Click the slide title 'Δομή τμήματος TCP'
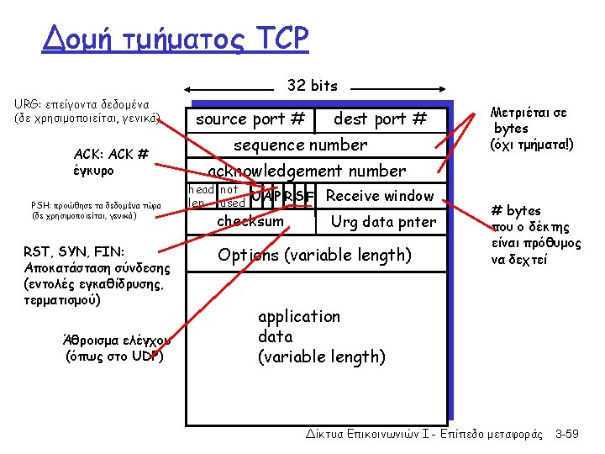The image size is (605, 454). [176, 39]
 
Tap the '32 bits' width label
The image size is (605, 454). [312, 85]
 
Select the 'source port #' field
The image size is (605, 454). [250, 119]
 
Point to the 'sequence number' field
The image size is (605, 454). [300, 145]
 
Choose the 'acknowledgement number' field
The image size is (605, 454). [307, 171]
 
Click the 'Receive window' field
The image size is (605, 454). [381, 197]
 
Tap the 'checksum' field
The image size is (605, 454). [250, 221]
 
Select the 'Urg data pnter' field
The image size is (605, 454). [383, 222]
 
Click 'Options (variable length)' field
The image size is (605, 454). [314, 255]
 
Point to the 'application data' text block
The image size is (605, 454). [321, 336]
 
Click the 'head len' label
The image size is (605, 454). [200, 197]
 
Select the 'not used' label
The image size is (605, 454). [230, 197]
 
